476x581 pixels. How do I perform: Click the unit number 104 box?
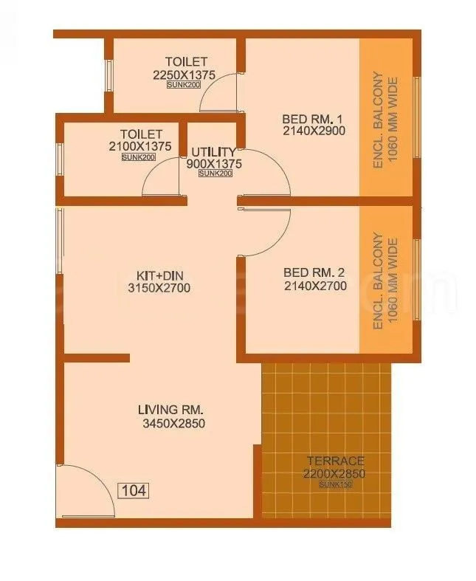point(132,489)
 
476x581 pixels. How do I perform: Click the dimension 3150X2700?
point(159,288)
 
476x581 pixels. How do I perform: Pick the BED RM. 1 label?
point(313,118)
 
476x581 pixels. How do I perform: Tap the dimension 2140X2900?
point(314,131)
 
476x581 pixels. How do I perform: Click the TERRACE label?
point(335,461)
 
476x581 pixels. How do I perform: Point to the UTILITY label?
point(213,151)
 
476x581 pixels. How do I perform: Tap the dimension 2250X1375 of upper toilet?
point(185,75)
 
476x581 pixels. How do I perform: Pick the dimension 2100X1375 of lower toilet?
point(139,147)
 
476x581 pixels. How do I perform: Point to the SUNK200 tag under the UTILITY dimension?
point(215,173)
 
